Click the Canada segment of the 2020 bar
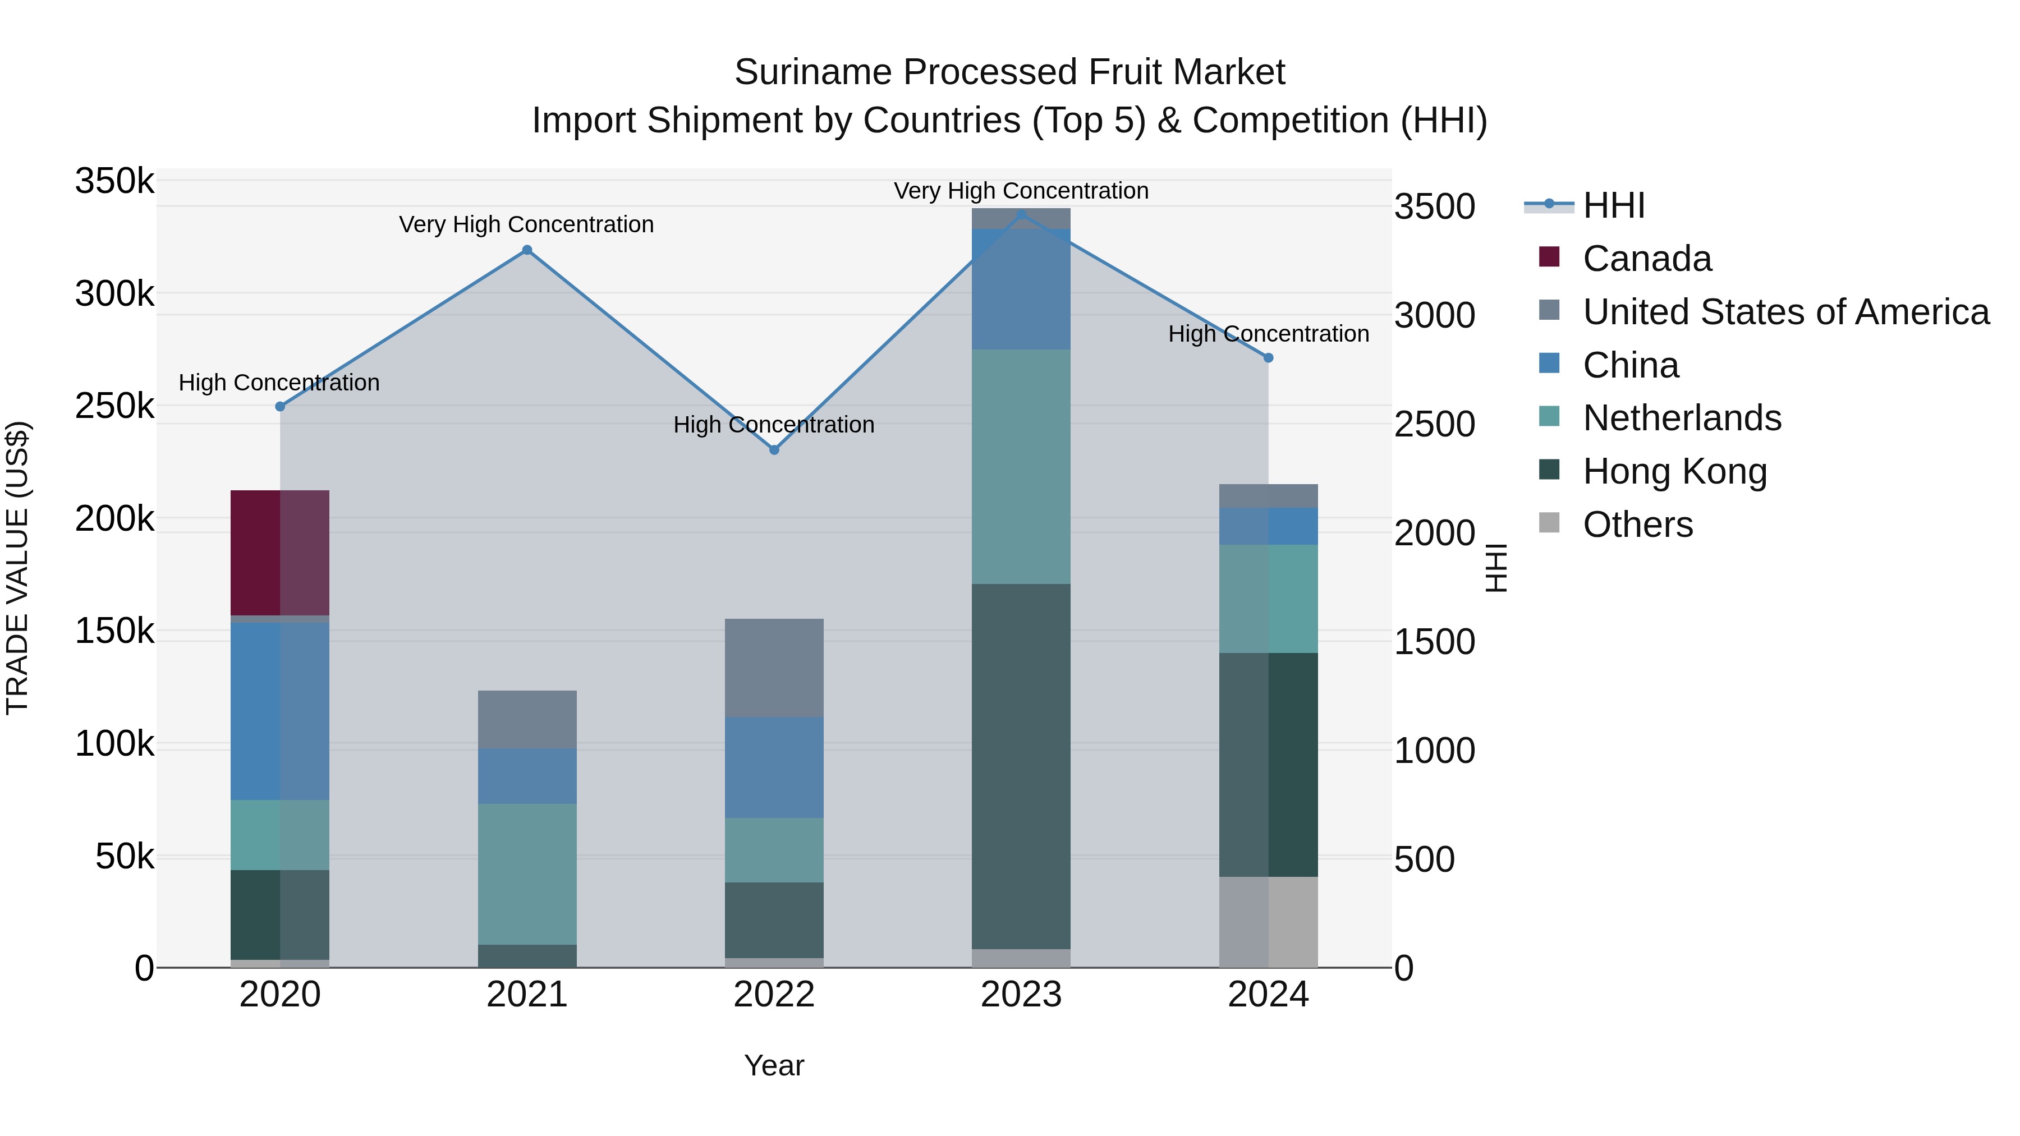point(279,553)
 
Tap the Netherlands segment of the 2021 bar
point(527,873)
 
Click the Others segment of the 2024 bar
point(1268,921)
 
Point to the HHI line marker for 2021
point(527,250)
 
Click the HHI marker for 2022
point(774,450)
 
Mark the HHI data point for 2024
point(1268,357)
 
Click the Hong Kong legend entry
point(1674,471)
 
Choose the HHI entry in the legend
point(1613,205)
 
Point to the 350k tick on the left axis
point(114,181)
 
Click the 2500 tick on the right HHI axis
point(1434,424)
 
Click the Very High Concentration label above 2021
point(526,224)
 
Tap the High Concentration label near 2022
point(773,424)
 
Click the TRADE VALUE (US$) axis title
point(17,568)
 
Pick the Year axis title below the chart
point(773,1065)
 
